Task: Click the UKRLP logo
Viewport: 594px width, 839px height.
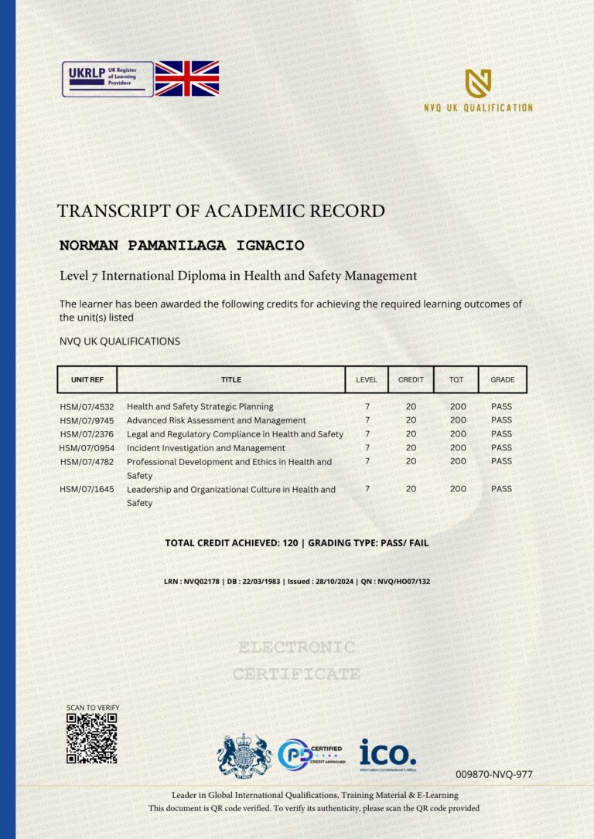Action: [x=108, y=79]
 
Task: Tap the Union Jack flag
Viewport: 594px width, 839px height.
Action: [x=187, y=79]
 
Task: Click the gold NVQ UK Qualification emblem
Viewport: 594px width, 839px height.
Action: [x=478, y=83]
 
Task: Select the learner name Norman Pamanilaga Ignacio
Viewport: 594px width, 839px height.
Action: [x=182, y=246]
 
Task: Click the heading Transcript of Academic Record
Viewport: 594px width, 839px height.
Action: [x=220, y=211]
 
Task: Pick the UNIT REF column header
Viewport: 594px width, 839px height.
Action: [x=87, y=379]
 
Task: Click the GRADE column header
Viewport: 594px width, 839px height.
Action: [x=502, y=379]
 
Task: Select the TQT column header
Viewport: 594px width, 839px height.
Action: [x=456, y=379]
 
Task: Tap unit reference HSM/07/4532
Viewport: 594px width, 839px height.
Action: [x=86, y=406]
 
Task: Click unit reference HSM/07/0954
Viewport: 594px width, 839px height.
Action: [x=86, y=448]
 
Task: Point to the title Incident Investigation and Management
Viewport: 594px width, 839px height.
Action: [x=206, y=448]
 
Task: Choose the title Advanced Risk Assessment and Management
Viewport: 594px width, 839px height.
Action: [x=216, y=420]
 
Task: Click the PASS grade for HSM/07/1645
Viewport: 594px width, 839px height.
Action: [x=501, y=489]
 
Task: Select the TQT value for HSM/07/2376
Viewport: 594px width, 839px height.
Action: [x=458, y=434]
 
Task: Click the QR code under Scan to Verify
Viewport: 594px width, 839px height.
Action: [x=91, y=739]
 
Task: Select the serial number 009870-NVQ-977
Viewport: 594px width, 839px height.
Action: [x=493, y=774]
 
